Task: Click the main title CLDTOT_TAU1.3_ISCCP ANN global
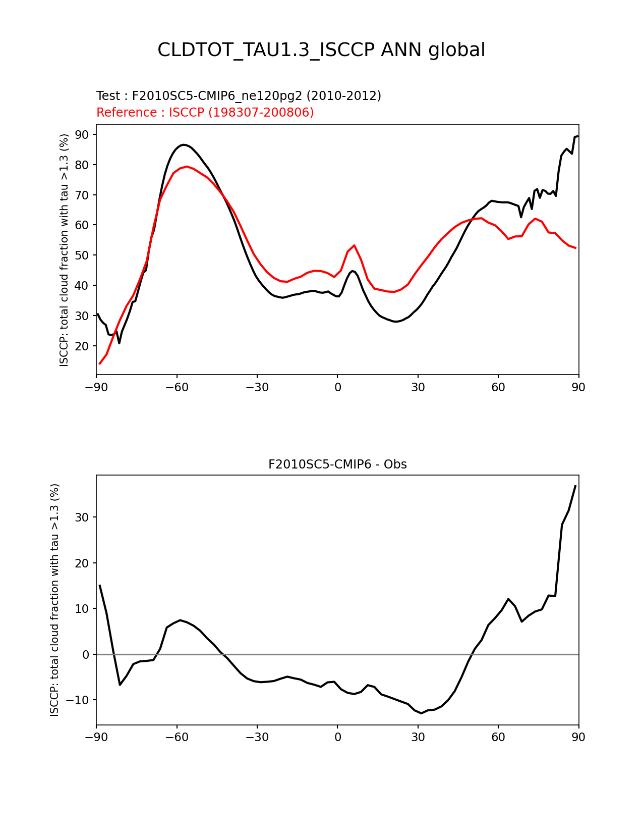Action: (x=321, y=50)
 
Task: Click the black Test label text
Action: (x=239, y=96)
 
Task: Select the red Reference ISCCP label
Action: (x=205, y=113)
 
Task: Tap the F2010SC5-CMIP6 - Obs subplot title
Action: (x=337, y=464)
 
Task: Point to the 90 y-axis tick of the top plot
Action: (x=82, y=135)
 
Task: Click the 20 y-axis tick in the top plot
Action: (x=82, y=346)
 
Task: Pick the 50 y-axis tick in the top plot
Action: (x=82, y=255)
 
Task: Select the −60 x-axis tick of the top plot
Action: (x=177, y=387)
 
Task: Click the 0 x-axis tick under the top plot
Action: (x=337, y=387)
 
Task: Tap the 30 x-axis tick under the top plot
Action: (x=418, y=387)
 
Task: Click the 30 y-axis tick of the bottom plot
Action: (x=82, y=517)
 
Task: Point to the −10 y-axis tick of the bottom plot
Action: (x=79, y=700)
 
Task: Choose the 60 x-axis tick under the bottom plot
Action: (x=498, y=737)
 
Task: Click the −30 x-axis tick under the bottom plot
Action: (x=257, y=737)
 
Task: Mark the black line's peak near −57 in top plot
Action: (x=184, y=144)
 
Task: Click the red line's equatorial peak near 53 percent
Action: (x=355, y=245)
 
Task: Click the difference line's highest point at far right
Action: (x=575, y=486)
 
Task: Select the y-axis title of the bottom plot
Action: (x=54, y=600)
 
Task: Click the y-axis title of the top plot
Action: (x=64, y=250)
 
